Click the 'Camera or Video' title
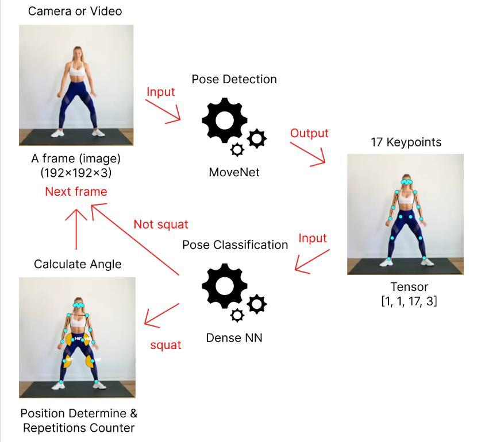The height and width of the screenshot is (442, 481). [75, 11]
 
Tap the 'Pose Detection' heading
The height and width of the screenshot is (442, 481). [234, 79]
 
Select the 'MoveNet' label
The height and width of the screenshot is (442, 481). [234, 172]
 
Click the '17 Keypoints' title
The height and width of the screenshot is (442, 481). [406, 142]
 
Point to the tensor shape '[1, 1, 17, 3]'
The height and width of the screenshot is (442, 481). [409, 301]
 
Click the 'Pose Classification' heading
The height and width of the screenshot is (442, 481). [235, 245]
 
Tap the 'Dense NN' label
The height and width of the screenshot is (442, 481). [234, 338]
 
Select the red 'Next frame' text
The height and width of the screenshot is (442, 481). [76, 192]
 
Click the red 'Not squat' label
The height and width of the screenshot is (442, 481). [161, 224]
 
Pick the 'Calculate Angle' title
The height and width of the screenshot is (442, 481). [78, 264]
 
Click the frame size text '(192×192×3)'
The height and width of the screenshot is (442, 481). [76, 172]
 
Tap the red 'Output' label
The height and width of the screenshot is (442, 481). [309, 133]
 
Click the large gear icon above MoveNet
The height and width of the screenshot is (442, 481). [225, 121]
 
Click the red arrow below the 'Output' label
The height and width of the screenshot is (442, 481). [309, 154]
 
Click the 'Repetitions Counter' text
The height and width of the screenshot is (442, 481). [79, 428]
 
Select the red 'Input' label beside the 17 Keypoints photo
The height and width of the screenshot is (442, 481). [313, 238]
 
